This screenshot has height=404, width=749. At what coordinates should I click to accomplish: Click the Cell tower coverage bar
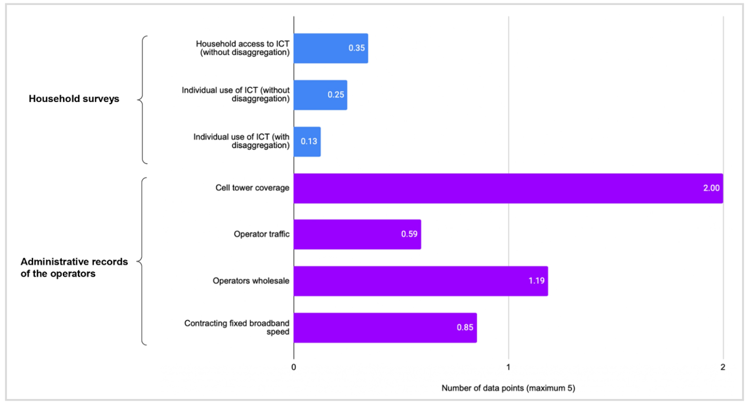point(508,188)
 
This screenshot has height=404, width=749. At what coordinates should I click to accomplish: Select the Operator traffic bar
point(357,234)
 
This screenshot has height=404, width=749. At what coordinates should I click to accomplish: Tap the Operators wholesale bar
point(421,281)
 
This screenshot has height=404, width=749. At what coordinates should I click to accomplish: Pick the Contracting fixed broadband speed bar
point(385,328)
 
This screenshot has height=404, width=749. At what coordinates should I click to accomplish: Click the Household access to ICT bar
point(331,48)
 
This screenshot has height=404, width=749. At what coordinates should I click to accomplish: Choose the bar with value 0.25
point(320,95)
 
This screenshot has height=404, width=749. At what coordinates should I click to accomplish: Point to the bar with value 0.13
point(307,141)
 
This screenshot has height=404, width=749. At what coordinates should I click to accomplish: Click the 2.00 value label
point(711,188)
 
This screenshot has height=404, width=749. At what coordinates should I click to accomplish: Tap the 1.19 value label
point(536,281)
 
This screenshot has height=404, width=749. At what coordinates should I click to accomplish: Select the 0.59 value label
point(409,234)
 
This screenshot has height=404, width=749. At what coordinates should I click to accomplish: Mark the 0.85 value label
point(464,328)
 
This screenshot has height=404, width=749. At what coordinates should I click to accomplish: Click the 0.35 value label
point(357,48)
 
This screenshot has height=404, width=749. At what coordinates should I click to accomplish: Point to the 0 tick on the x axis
point(294,368)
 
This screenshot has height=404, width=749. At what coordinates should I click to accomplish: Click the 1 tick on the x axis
point(508,368)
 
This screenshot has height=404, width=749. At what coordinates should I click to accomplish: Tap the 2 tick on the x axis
point(723,368)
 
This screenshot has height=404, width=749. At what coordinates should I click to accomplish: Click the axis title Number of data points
point(508,388)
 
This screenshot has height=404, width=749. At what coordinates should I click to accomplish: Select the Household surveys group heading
point(74,99)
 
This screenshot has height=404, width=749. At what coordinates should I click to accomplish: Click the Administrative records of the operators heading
point(74,267)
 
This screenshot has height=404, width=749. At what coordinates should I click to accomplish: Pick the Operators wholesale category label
point(251,281)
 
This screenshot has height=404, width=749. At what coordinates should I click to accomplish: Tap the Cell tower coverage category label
point(252,188)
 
